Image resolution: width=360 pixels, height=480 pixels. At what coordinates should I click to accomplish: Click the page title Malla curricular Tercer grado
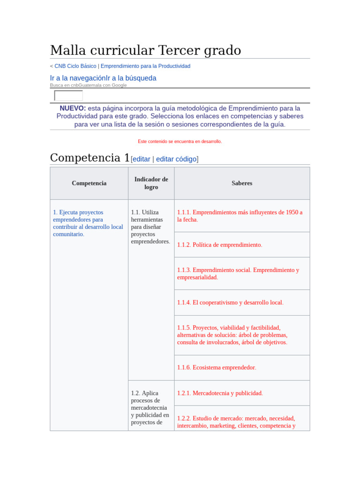point(145,50)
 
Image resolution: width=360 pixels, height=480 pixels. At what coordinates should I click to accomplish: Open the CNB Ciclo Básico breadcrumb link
point(75,66)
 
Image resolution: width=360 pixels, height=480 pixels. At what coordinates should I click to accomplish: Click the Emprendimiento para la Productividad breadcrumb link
point(145,66)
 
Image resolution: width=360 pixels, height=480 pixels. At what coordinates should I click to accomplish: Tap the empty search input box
point(68,96)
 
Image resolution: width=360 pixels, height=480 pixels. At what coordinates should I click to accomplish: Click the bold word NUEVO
point(73,108)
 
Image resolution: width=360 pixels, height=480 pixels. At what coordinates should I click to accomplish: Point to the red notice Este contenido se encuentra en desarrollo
point(180,141)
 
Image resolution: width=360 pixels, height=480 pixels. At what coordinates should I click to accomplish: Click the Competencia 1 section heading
point(90,158)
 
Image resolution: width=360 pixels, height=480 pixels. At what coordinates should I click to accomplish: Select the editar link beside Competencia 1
point(142,159)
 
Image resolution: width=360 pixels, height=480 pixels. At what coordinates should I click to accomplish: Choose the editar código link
point(176,159)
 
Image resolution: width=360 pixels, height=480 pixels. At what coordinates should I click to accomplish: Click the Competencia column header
point(89,183)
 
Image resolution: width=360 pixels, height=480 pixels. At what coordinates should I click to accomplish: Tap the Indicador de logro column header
point(151,183)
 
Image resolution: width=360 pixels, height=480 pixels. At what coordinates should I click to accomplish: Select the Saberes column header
point(242,183)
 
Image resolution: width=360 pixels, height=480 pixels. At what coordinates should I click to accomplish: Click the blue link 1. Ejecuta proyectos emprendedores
point(88,223)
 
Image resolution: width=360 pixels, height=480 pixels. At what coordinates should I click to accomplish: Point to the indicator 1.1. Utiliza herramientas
point(150,227)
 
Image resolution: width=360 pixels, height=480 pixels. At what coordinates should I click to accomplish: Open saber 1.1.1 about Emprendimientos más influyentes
point(240,216)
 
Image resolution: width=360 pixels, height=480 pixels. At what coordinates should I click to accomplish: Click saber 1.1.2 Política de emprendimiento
point(219,245)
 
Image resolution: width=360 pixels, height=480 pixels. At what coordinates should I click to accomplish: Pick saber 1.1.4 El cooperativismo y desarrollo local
point(230,302)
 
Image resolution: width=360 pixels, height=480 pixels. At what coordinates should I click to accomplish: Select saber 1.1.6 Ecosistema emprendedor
point(217,367)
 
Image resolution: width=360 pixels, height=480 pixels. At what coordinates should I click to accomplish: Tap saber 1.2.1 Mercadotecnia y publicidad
point(220,393)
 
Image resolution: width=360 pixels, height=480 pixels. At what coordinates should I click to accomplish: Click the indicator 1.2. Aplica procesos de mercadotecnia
point(150,407)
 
